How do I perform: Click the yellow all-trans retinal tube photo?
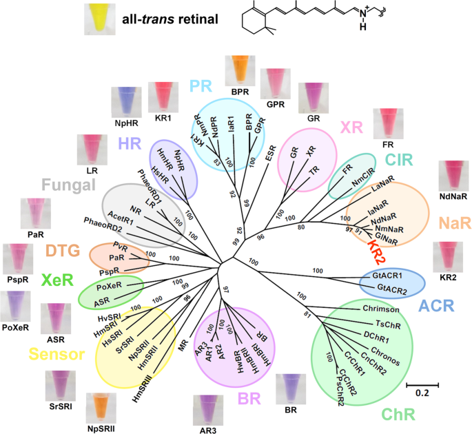point(99,19)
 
